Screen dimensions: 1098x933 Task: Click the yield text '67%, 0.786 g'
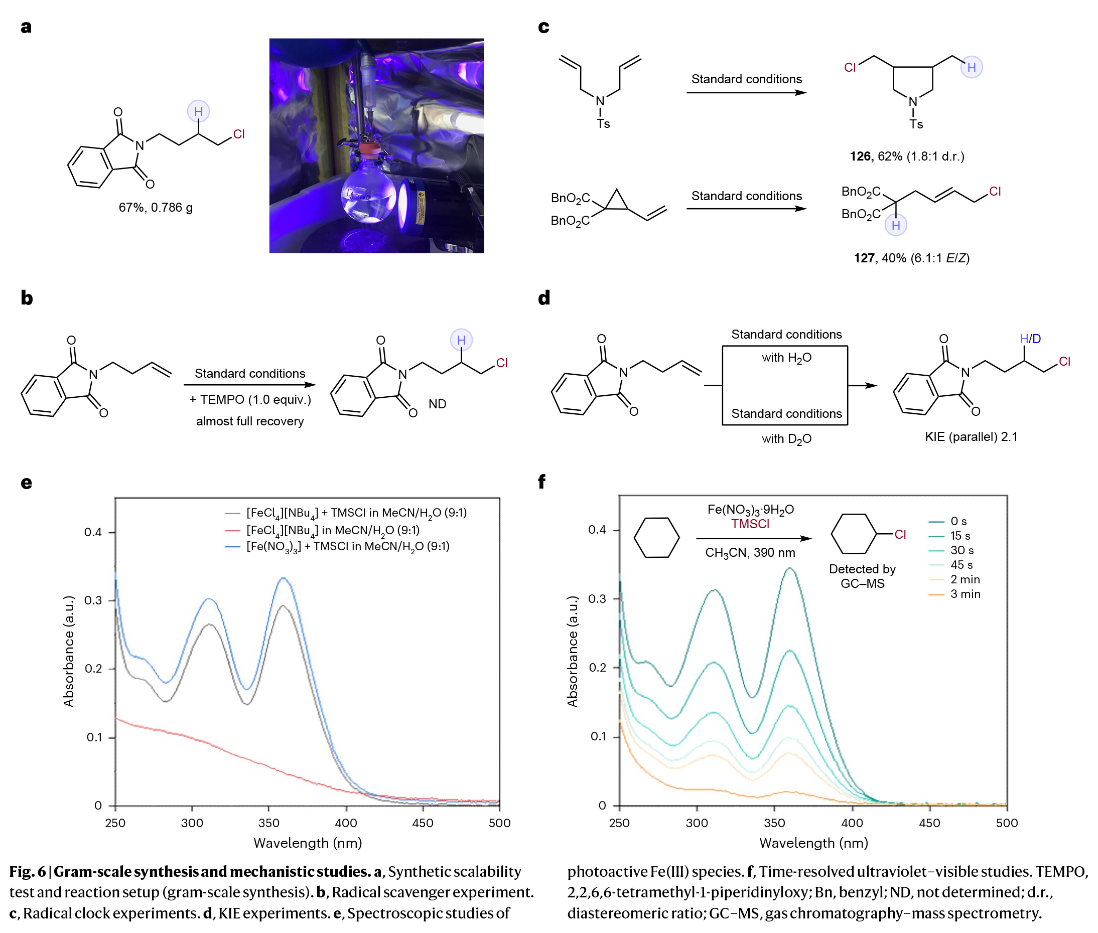[x=155, y=207]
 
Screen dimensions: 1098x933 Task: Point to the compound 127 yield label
[x=911, y=258]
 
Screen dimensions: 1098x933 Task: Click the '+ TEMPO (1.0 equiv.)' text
[x=250, y=399]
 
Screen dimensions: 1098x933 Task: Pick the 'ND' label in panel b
[x=437, y=404]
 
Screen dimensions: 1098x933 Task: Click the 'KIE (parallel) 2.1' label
[x=971, y=437]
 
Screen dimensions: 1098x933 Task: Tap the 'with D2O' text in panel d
[x=786, y=439]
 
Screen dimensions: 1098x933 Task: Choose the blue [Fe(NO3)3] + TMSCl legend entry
[x=337, y=546]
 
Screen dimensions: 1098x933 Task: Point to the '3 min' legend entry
[x=954, y=594]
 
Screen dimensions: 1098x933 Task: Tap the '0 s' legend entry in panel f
[x=947, y=522]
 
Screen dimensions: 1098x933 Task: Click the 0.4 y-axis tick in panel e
[x=93, y=532]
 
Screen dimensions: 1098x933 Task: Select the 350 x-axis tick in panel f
[x=774, y=823]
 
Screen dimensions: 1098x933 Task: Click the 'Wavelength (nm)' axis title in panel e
[x=308, y=843]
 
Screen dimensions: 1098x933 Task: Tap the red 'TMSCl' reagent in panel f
[x=750, y=524]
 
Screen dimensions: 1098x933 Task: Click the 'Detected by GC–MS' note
[x=862, y=576]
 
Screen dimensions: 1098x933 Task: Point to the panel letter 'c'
[x=543, y=27]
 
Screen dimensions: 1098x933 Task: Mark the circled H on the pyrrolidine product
[x=971, y=67]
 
